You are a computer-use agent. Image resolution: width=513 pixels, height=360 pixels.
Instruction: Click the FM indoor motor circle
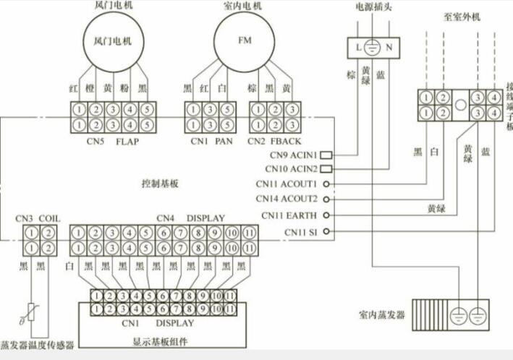click(x=244, y=42)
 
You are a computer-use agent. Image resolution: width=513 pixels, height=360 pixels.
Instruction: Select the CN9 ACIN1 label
click(x=293, y=155)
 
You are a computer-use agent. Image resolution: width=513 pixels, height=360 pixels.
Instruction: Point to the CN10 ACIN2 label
click(x=293, y=169)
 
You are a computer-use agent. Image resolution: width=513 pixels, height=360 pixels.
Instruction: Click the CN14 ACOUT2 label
click(x=287, y=199)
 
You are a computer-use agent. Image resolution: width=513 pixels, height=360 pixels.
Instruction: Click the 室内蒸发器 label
click(x=381, y=316)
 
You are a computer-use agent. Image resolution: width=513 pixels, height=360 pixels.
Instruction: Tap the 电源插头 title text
click(x=371, y=6)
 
